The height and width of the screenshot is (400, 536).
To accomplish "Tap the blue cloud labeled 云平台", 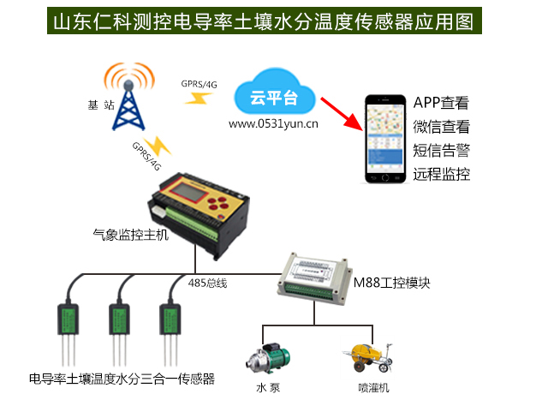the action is click(x=275, y=93).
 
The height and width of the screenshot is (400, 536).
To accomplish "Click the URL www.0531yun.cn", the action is click(x=273, y=123).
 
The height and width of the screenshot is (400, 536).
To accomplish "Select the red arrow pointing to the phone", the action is click(x=342, y=114).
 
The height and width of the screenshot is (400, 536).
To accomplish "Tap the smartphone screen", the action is click(x=385, y=138).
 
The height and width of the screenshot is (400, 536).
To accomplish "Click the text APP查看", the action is click(x=441, y=103).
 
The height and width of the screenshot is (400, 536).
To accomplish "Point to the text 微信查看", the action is click(x=441, y=127).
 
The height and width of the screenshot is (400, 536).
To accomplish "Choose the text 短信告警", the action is click(x=441, y=151).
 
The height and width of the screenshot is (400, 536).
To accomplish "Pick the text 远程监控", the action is click(x=441, y=175).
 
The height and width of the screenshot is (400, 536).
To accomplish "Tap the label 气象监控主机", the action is click(x=131, y=235).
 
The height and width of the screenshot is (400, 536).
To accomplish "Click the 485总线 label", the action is click(x=207, y=283).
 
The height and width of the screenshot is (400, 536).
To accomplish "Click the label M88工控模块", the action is click(x=392, y=283).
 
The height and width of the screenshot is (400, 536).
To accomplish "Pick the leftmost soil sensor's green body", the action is click(x=68, y=319).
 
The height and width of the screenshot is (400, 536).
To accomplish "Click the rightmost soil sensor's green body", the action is click(x=170, y=319).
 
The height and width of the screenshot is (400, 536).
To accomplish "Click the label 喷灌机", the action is click(x=373, y=388).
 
